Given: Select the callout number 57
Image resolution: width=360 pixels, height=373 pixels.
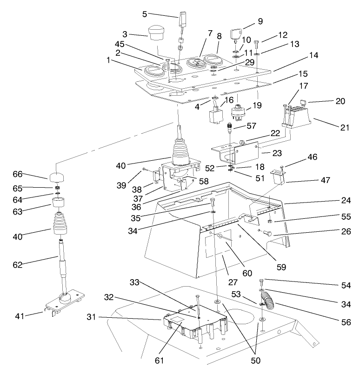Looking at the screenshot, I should point(252,125).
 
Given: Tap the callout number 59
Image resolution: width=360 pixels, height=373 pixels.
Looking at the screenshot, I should point(281,267).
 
